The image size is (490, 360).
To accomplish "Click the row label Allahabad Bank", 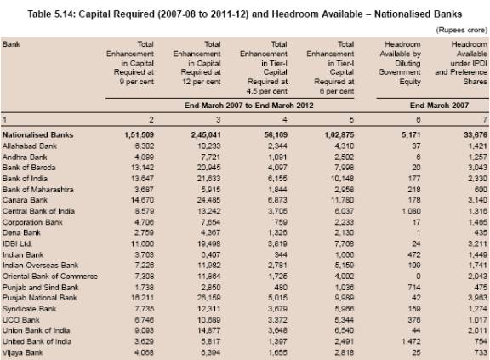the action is click(30, 146).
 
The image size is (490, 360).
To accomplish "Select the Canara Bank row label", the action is click(25, 200).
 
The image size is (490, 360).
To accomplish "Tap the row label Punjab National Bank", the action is click(39, 298).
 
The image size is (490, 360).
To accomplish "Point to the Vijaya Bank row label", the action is click(22, 353).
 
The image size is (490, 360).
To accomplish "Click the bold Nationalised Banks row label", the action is click(37, 135).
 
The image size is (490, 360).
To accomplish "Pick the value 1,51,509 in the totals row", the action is click(139, 135).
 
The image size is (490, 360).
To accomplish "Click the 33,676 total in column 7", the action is click(476, 135).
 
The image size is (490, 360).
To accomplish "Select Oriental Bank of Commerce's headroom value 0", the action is click(419, 277).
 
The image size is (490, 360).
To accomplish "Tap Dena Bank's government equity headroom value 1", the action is click(419, 233).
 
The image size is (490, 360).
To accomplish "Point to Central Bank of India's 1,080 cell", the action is click(411, 211).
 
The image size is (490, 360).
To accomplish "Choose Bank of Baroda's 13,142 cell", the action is click(142, 168).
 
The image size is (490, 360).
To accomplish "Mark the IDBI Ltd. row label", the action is click(17, 243).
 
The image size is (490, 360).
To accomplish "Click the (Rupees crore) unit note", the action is click(462, 30).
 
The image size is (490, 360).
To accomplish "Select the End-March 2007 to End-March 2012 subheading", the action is click(248, 106).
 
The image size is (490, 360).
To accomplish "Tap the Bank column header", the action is click(11, 44).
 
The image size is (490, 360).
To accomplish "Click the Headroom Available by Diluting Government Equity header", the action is click(400, 63).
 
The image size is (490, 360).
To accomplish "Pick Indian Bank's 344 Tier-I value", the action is click(281, 255).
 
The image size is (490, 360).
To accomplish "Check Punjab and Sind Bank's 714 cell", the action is click(414, 288).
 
